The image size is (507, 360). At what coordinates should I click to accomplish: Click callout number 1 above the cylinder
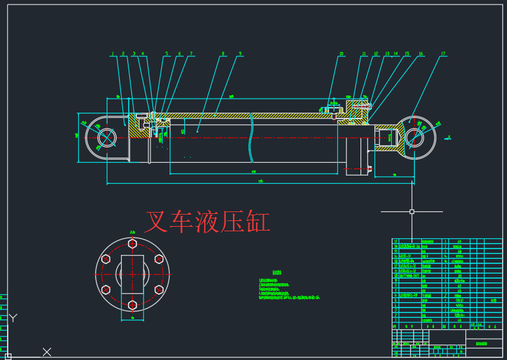point(112,54)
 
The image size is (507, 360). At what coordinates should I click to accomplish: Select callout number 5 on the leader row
point(166,54)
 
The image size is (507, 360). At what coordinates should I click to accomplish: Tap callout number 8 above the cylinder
point(223,54)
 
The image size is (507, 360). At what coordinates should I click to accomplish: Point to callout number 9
point(240,54)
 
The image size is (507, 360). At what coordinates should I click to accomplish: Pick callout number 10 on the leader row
point(341,54)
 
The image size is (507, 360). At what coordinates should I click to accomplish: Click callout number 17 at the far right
point(442,54)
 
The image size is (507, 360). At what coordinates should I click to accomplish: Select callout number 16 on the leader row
point(421,54)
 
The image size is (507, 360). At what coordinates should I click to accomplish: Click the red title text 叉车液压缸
point(207,222)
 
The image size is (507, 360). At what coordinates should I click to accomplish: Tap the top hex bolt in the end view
point(133,243)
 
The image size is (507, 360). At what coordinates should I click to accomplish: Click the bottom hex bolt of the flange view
point(133,305)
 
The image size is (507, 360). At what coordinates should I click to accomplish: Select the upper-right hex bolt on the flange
point(159,259)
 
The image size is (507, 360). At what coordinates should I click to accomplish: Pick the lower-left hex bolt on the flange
point(106,290)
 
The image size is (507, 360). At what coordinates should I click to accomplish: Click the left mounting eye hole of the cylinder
point(106,137)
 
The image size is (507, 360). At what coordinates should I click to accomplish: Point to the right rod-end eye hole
point(415,137)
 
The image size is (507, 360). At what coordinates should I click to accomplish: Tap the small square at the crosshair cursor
point(412,211)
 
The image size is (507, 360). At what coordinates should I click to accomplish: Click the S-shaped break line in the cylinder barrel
point(252,138)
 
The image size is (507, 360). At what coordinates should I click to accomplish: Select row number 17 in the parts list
point(396,242)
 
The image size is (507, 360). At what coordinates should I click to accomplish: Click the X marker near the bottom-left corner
point(47,352)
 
